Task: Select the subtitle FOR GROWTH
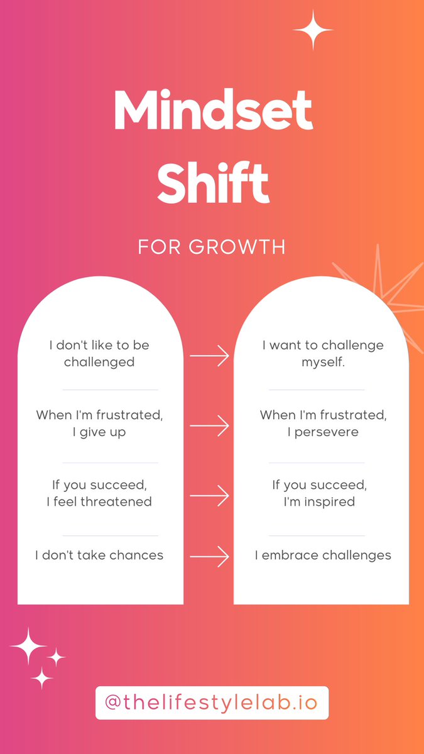coord(212,246)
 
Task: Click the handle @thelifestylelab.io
coord(212,702)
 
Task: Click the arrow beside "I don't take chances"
coord(209,555)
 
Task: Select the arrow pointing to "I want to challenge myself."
coord(209,356)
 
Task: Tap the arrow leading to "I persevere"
coord(209,426)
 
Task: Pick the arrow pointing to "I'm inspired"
coord(209,496)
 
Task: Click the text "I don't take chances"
coord(99,555)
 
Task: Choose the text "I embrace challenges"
coord(323,555)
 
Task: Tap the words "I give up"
coord(99,432)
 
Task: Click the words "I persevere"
coord(323,432)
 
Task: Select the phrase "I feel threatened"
coord(99,501)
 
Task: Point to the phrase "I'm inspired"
coord(323,501)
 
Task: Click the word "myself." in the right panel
coord(323,363)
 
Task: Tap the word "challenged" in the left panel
coord(99,363)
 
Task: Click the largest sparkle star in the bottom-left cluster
coord(28,645)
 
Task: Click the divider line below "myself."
coord(317,390)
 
